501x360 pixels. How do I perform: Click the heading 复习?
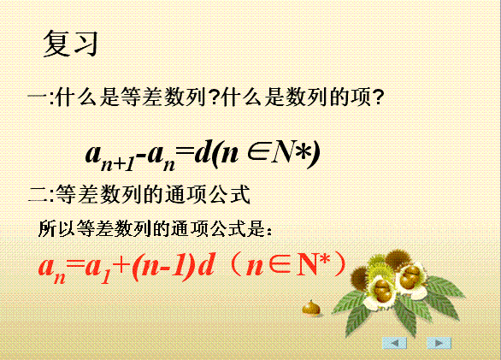click(70, 44)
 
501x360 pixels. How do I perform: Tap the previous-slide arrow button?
click(395, 343)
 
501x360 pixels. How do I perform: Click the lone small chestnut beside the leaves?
click(311, 308)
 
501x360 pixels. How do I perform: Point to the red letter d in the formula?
click(205, 264)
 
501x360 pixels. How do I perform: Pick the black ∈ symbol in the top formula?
click(258, 152)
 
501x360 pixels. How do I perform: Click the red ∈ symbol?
click(280, 265)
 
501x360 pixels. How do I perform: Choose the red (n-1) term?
click(163, 266)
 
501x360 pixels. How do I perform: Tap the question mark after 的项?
click(378, 97)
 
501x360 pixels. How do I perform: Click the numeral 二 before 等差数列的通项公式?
click(38, 194)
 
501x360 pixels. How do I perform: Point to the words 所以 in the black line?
click(56, 228)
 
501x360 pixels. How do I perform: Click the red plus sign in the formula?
click(123, 265)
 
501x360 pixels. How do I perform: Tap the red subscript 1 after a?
click(106, 277)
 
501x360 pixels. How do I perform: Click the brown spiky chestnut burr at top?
click(398, 260)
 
